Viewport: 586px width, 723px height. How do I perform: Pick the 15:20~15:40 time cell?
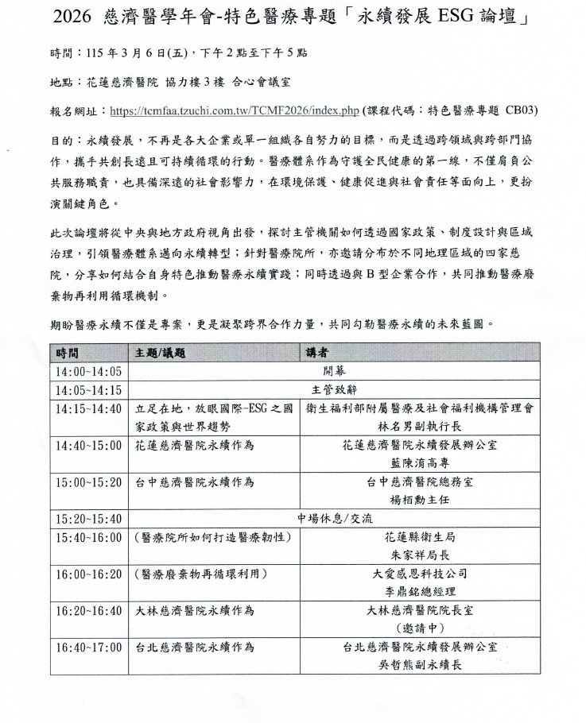[87, 519]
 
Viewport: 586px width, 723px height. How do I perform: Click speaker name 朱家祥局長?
[419, 554]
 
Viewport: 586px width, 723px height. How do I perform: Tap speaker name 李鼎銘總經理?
[419, 591]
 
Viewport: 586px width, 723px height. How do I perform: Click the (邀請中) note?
[419, 628]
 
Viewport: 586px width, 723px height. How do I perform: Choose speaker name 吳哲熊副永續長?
[419, 665]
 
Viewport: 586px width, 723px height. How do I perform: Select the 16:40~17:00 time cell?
[87, 648]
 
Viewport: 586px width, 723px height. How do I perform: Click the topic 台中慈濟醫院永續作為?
[195, 482]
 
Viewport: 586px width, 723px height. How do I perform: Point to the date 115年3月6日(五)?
[122, 52]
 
